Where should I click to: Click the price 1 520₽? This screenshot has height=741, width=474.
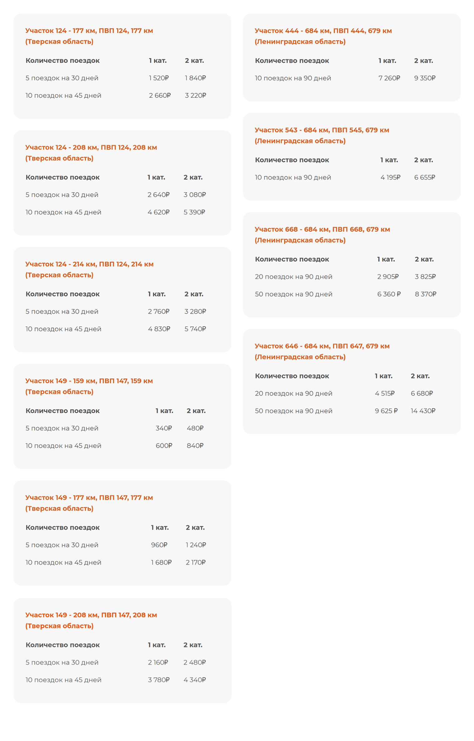pos(158,78)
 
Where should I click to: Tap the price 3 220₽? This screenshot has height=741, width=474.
pos(195,95)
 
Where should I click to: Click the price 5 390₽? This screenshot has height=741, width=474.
pos(194,212)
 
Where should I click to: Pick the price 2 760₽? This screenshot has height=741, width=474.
pos(158,311)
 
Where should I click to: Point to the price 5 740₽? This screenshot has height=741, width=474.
pos(195,329)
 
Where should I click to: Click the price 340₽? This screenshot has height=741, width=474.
pos(164,428)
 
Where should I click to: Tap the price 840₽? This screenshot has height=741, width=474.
pos(195,446)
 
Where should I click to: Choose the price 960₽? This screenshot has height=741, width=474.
pos(159,545)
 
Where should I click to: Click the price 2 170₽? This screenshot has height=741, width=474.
pos(196,563)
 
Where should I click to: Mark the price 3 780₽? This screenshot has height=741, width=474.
pos(159,680)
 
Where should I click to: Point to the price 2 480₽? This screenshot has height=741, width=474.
pos(195,663)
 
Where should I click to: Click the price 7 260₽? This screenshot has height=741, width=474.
pos(389,78)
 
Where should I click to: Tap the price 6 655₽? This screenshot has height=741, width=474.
pos(424,177)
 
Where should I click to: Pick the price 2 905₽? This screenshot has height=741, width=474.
pos(388,277)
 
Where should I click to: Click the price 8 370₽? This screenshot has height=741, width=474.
pos(425,294)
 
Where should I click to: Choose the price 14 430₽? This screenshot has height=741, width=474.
pos(423,411)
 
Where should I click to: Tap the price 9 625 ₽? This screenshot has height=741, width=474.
pos(386,411)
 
